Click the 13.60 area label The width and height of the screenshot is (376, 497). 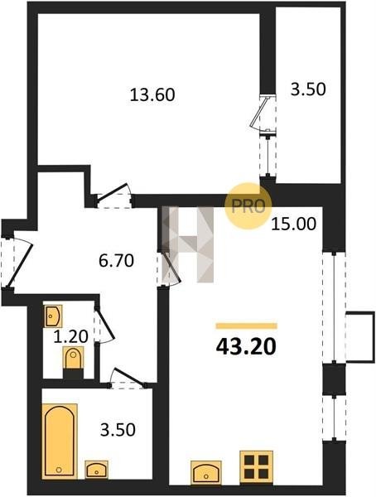(152, 94)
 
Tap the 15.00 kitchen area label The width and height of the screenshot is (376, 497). (294, 224)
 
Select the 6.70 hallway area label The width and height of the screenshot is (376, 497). (116, 261)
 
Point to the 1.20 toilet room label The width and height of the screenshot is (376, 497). (70, 336)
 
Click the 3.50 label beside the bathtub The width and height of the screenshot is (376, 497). (118, 430)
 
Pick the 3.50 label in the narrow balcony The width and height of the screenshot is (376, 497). (308, 89)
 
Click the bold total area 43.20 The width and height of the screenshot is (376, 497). (246, 347)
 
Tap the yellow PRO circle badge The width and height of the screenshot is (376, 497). (248, 206)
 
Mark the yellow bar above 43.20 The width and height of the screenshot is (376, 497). (246, 326)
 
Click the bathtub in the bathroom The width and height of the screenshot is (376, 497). (60, 441)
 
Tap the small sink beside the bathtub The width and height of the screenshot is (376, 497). (96, 470)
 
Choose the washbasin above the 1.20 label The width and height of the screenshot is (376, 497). (53, 316)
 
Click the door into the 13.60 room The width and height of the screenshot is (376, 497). (114, 195)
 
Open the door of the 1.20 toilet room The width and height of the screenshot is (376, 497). (104, 324)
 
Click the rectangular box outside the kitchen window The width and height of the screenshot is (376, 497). (360, 336)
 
